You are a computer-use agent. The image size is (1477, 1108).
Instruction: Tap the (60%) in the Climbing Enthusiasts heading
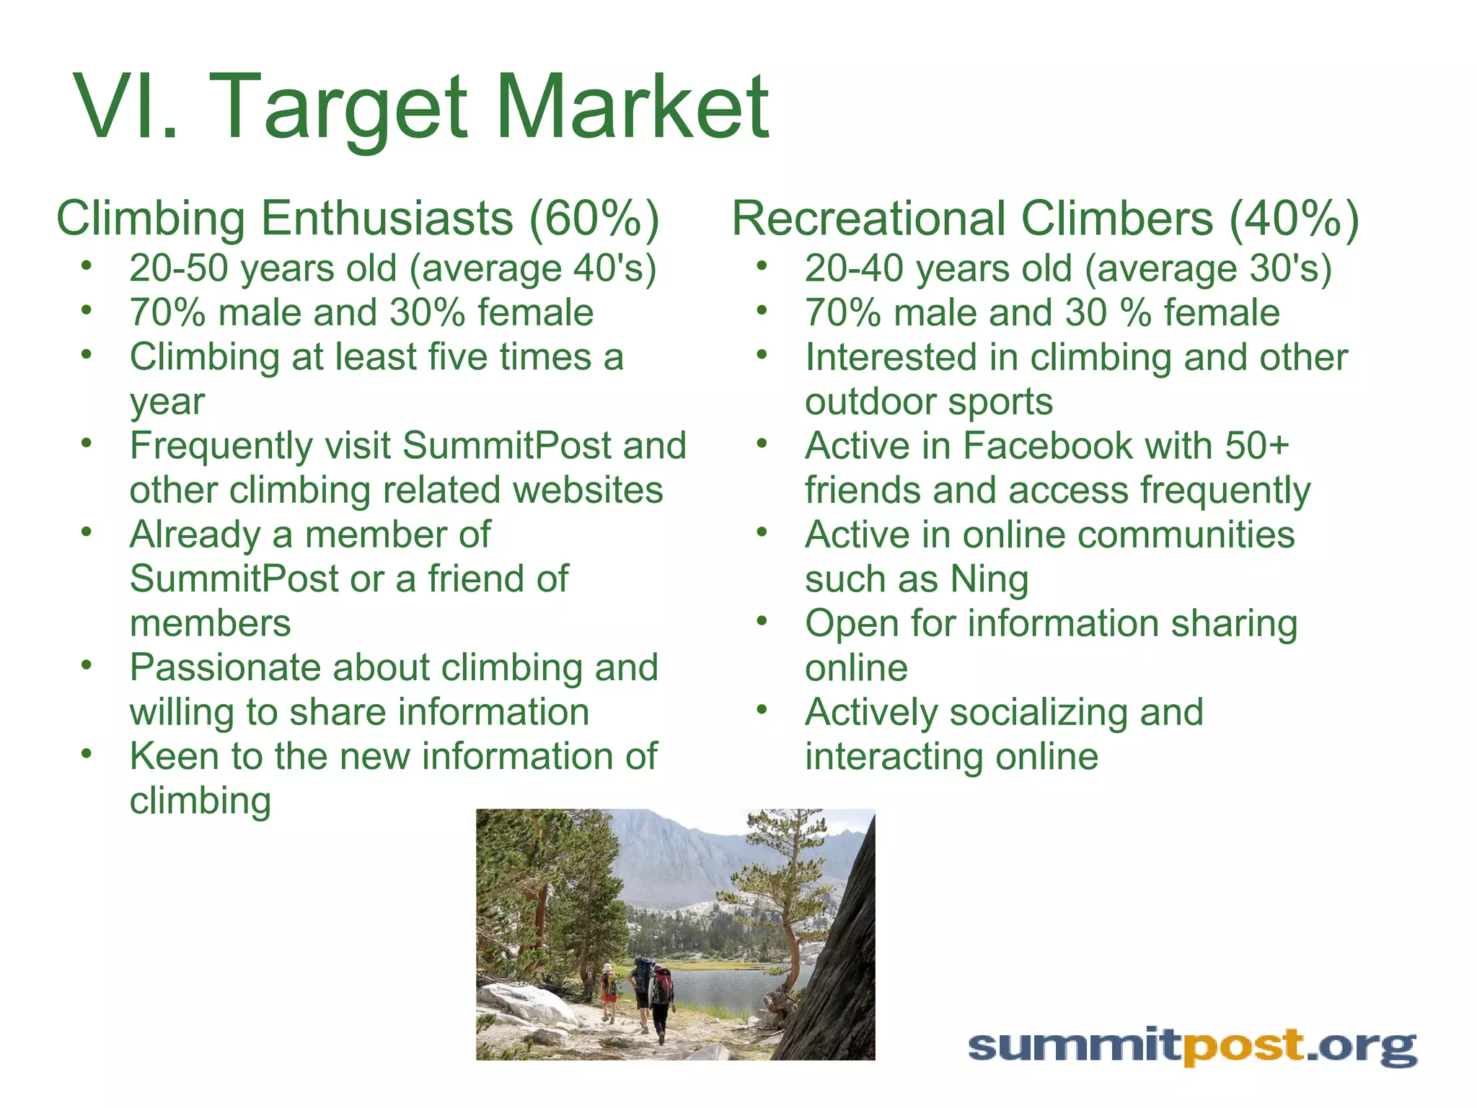(594, 219)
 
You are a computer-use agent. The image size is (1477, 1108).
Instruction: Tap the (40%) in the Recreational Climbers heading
(1294, 219)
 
